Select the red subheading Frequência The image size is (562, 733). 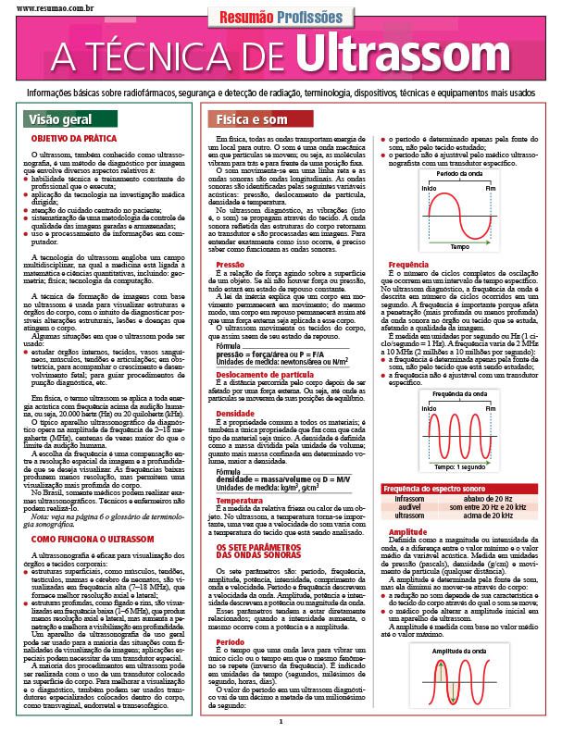(x=401, y=264)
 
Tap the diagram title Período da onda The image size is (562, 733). (x=460, y=173)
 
